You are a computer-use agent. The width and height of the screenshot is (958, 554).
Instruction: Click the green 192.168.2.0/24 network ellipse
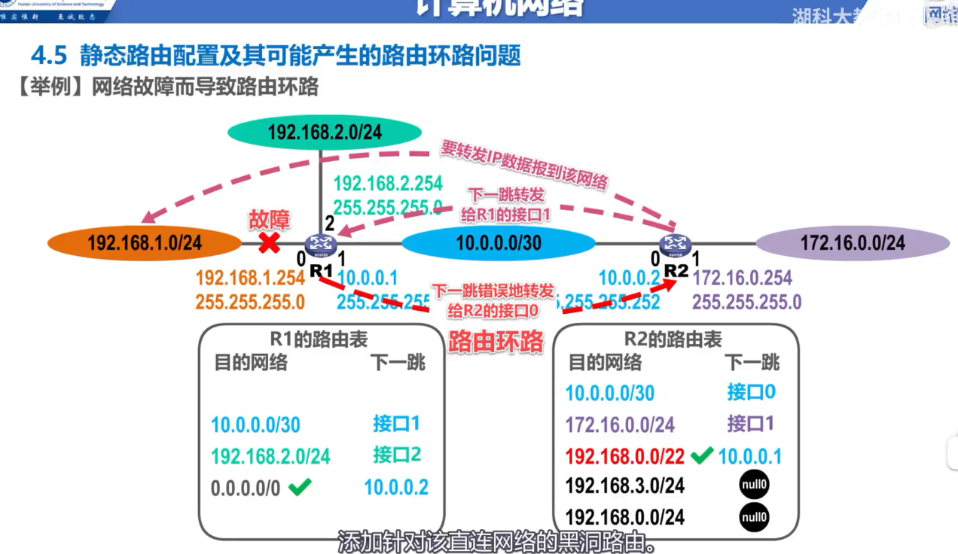tap(324, 133)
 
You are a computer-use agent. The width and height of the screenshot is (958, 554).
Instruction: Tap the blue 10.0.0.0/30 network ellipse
tap(498, 242)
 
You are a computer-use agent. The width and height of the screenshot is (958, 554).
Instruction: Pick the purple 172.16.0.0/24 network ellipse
tap(853, 242)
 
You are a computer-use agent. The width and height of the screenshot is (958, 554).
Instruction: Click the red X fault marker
tap(270, 242)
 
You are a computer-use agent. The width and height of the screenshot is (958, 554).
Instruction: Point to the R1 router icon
tap(320, 244)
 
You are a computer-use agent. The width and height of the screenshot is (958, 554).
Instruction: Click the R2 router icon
tap(674, 244)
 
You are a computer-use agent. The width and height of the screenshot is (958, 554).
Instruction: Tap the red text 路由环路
tap(496, 342)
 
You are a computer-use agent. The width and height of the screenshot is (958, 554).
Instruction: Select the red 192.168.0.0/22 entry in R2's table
tap(626, 456)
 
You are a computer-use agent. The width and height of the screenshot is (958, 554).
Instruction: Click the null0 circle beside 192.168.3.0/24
tap(754, 486)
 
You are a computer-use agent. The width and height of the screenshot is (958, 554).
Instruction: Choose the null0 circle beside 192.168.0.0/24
tap(754, 517)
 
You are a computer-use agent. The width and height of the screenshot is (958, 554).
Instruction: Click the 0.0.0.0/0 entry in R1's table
tap(246, 488)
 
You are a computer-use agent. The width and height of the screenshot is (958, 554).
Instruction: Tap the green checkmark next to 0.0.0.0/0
tap(300, 487)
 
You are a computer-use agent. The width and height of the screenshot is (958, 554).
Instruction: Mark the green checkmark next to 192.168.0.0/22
tap(702, 455)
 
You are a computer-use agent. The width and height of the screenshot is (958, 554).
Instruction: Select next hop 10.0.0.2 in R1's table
tap(396, 487)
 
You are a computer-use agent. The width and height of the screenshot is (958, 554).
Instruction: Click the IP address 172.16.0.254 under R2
tap(742, 279)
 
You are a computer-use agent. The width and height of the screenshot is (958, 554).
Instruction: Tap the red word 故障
tap(269, 220)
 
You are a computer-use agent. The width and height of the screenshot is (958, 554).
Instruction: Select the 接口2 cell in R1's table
tap(396, 455)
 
